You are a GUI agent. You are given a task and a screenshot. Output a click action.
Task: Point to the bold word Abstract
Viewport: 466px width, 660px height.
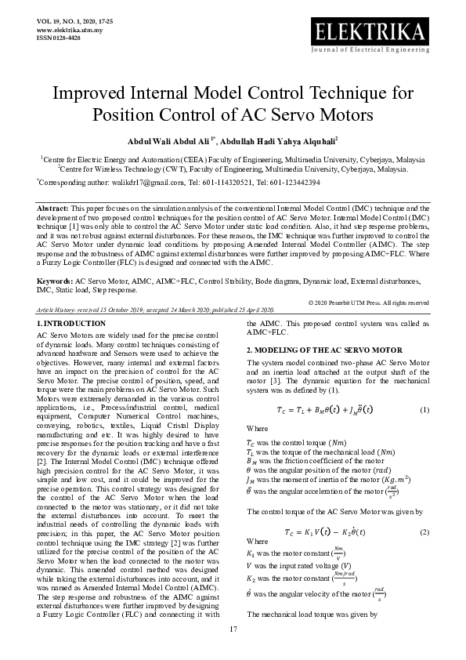[52, 208]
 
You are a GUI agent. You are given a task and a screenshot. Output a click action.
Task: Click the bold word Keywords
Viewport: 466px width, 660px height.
[55, 281]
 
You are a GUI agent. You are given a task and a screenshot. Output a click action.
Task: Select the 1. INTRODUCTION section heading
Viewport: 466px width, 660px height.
[71, 323]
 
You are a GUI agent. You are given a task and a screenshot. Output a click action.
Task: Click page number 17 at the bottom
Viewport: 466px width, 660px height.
[233, 630]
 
